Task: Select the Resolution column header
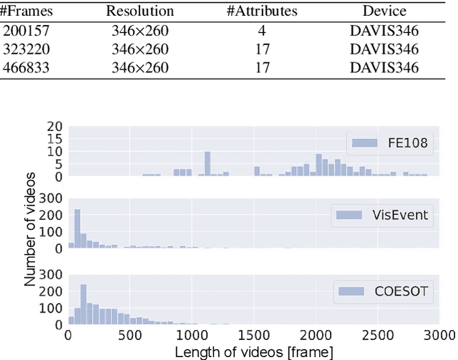point(140,11)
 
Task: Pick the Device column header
point(384,11)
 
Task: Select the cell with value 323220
point(23,49)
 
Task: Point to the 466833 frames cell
point(23,69)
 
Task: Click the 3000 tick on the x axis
point(438,334)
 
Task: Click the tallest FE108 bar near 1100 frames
point(207,164)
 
